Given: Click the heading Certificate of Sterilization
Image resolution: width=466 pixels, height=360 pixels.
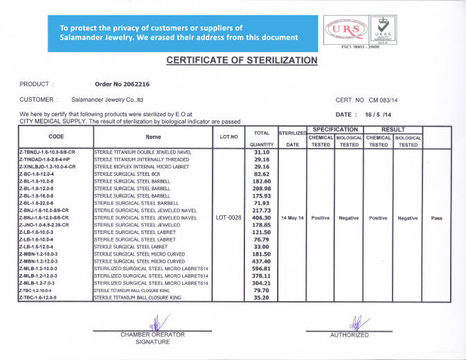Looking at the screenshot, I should (x=242, y=60).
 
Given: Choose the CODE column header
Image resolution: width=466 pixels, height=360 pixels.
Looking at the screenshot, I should (x=56, y=136).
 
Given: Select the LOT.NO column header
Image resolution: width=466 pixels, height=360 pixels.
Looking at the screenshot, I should (x=228, y=136).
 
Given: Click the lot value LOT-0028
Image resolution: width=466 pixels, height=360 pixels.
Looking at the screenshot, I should (x=228, y=217).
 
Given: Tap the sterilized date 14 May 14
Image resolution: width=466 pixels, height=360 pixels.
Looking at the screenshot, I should (x=292, y=217).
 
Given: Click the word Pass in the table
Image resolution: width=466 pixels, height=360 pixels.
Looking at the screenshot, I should (x=436, y=217).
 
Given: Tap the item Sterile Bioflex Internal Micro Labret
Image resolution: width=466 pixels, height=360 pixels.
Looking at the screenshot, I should (x=136, y=167).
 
